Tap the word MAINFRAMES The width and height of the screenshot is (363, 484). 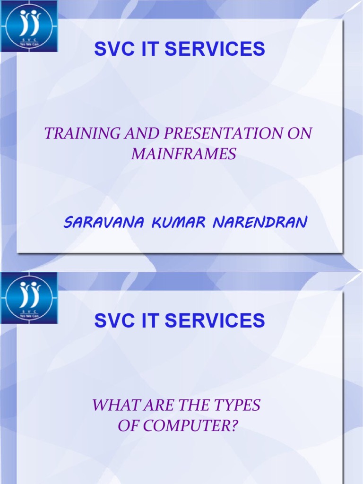pyautogui.click(x=184, y=154)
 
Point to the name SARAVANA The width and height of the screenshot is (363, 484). pyautogui.click(x=104, y=222)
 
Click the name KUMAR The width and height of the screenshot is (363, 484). pyautogui.click(x=179, y=222)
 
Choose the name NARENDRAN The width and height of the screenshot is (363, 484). pyautogui.click(x=260, y=222)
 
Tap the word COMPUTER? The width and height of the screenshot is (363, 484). pyautogui.click(x=190, y=425)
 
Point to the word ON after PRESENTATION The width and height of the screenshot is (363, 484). pyautogui.click(x=300, y=133)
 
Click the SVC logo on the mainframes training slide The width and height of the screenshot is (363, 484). pyautogui.click(x=29, y=26)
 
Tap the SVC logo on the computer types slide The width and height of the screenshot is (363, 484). pyautogui.click(x=29, y=298)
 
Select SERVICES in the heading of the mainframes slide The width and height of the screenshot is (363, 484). pyautogui.click(x=215, y=49)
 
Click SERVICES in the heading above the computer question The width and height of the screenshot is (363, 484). pyautogui.click(x=215, y=320)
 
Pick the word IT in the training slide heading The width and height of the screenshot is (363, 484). pyautogui.click(x=150, y=49)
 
